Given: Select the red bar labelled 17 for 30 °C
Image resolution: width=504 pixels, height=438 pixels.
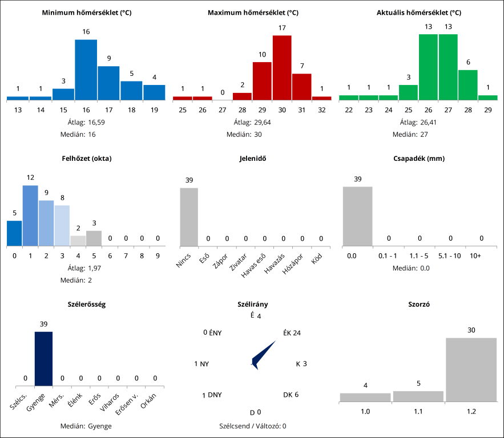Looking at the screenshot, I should point(282,67).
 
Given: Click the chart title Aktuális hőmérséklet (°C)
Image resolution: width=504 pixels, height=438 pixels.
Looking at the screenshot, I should point(418,13).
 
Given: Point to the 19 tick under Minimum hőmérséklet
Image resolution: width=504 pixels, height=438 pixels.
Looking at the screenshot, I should point(154,109).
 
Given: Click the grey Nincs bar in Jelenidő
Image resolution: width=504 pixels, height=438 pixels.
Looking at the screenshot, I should point(189,217).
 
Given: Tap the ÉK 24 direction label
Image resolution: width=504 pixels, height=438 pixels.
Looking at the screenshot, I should point(292,333).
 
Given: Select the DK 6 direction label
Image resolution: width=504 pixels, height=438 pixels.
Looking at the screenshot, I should point(291,395).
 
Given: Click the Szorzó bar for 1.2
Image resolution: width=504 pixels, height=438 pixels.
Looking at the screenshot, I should point(471,370).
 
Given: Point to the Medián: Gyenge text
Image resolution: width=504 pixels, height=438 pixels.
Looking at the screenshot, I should point(86,426).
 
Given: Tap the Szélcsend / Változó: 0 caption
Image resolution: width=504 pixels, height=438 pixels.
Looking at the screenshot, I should point(252,425).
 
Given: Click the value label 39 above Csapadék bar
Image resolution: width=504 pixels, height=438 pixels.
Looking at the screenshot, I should point(358,179).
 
